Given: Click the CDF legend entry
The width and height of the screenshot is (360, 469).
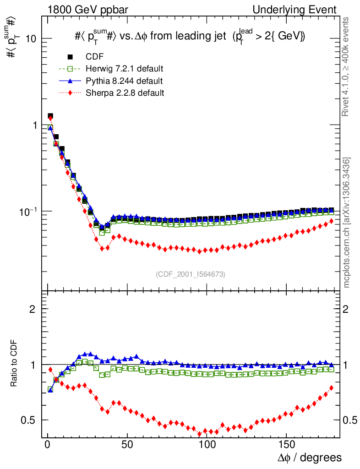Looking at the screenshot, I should tap(94, 57).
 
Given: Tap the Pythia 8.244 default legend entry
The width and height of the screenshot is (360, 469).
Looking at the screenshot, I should tap(124, 81).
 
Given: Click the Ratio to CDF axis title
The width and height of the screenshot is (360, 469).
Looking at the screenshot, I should tap(14, 364).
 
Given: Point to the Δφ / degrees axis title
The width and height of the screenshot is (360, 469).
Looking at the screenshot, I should tap(310, 458).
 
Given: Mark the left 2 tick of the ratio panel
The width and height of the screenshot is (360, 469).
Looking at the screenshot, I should tap(33, 309).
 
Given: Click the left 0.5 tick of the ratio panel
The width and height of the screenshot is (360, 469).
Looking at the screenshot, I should tap(28, 420).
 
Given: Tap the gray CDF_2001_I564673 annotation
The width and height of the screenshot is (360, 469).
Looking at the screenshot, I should tap(191, 274).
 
